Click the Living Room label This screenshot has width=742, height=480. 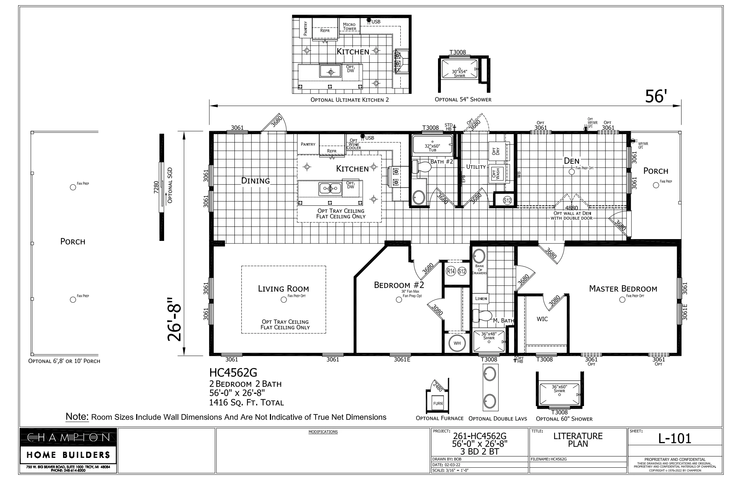coord(283,289)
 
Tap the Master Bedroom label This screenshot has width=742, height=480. coord(623,289)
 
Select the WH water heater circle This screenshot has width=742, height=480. coord(457,343)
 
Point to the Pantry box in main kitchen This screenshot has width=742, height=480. coord(308,144)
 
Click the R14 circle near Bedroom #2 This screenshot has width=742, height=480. coord(451,271)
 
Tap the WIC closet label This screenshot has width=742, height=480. coord(542,319)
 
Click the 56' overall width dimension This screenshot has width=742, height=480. coord(656,97)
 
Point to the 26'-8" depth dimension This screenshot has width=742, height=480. coord(174,319)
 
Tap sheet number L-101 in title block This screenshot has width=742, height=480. coord(675,439)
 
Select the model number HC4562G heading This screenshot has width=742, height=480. coord(233,372)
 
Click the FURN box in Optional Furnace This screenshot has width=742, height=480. coord(438,403)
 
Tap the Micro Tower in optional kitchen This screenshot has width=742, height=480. coord(350,26)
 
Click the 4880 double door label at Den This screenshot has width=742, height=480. coord(571,208)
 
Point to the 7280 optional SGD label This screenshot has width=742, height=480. coord(156,187)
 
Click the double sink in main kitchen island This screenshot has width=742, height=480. coord(330,189)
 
